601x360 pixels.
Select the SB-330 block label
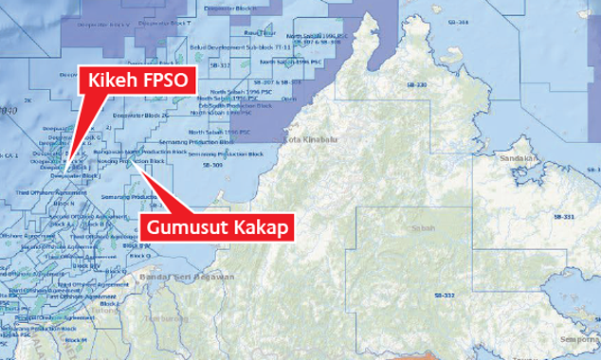tap(417, 85)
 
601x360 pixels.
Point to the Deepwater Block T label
tap(211, 8)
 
